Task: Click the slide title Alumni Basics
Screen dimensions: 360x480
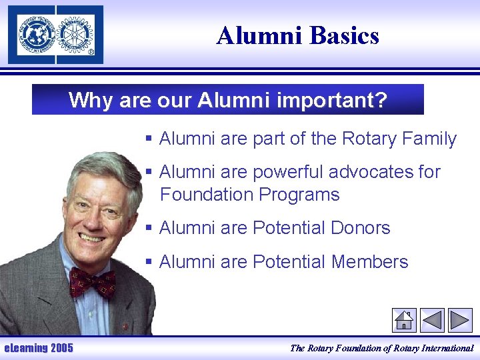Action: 297,35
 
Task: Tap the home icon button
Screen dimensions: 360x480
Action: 404,320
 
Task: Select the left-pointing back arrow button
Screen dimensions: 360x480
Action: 432,320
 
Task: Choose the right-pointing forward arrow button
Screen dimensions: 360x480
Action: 460,320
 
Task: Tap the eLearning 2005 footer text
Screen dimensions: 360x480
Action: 39,347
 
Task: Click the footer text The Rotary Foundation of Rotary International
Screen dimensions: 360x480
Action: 381,347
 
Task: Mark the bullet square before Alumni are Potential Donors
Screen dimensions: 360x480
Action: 150,228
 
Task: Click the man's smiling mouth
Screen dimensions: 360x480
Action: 93,238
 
